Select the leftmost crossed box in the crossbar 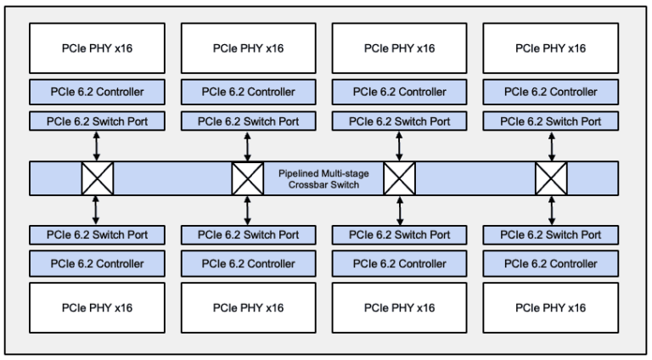97,178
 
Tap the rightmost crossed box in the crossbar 551,178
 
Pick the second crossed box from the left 247,178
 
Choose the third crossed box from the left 399,178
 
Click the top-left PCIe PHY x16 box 96,48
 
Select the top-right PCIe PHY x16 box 549,48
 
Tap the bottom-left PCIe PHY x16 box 96,307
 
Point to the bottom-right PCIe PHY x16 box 549,307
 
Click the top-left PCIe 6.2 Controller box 96,92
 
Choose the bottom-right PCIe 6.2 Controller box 549,263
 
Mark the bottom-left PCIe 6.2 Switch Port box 96,235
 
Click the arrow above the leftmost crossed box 97,146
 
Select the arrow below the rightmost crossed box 551,209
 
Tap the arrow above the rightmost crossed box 551,146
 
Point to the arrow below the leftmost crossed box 97,209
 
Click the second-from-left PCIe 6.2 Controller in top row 247,92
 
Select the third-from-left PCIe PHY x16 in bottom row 398,307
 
